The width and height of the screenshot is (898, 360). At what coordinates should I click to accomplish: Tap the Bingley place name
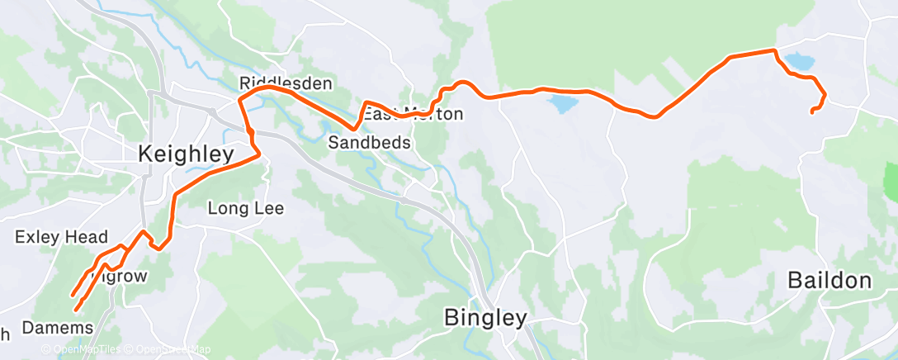pos(485,317)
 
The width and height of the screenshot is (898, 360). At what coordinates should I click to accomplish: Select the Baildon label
pos(829,281)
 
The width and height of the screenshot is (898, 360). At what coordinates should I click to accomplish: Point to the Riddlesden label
pos(285,83)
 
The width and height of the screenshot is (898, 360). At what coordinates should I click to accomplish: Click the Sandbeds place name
pos(370,142)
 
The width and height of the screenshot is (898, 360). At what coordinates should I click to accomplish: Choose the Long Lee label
pos(245,208)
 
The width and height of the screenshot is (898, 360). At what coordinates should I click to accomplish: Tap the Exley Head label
pos(62,238)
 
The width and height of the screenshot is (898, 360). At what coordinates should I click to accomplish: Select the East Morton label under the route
pos(414,114)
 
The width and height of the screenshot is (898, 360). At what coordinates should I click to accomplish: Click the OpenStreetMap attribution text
pos(168,350)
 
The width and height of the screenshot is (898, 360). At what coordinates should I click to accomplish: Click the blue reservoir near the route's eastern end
pos(798,61)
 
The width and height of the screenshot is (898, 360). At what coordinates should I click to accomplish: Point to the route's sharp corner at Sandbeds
pos(354,129)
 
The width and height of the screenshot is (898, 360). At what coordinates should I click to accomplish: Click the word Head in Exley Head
pos(87,238)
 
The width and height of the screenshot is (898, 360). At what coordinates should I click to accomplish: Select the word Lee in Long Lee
pos(268,208)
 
